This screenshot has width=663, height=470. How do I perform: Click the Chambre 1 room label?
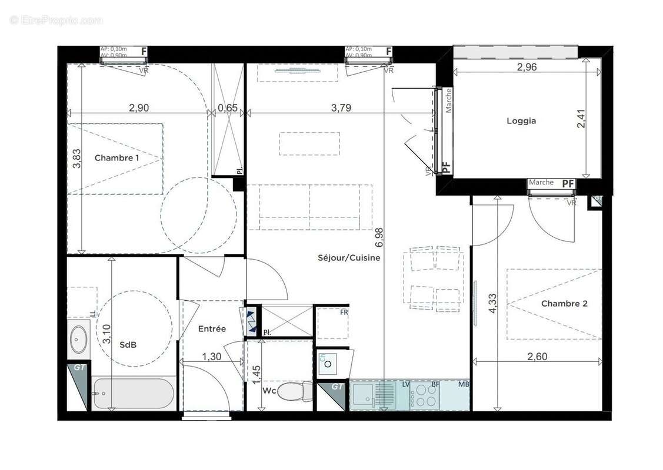coord(116,157)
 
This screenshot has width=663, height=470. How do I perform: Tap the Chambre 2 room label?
coord(564,304)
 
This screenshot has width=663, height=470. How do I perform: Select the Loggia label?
coord(521,121)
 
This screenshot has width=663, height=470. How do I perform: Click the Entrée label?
coord(212,329)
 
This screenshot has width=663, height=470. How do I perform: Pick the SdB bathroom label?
coord(128,345)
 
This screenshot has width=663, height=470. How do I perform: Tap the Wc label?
coord(269,390)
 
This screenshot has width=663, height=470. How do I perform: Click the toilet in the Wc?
coord(294,390)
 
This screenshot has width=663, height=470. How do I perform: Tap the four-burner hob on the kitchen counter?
coord(425,397)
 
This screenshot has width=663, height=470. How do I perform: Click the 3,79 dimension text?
coord(342,108)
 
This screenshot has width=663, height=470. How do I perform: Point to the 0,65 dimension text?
coord(227,108)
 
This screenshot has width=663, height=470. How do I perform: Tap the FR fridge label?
coord(344,312)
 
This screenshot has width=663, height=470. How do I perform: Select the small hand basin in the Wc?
coord(326,362)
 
